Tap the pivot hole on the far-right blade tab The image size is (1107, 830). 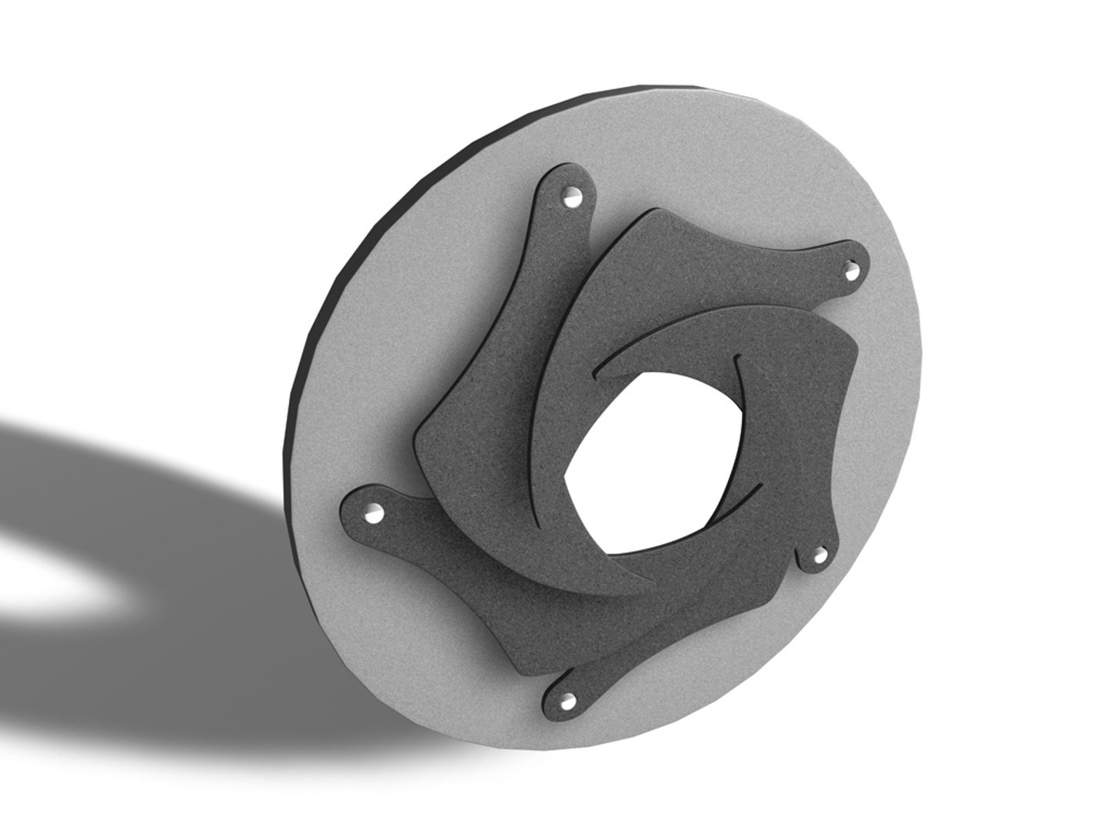tap(851, 271)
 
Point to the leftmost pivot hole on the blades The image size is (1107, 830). tap(373, 513)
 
